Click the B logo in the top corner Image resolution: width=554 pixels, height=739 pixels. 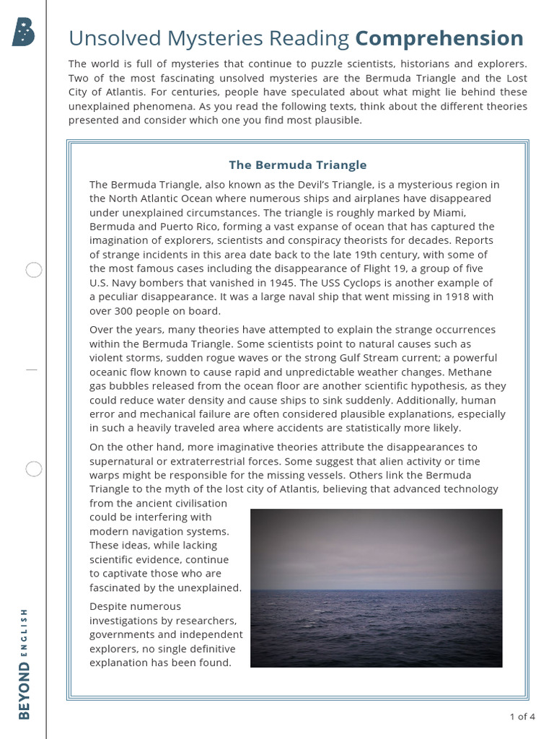(23, 32)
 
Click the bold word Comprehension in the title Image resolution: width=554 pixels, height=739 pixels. (439, 38)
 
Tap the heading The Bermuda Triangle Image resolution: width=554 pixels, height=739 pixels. (297, 165)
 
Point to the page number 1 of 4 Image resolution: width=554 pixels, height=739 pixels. (522, 717)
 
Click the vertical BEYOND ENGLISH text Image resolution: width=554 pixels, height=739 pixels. (25, 664)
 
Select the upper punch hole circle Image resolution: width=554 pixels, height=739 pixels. (34, 271)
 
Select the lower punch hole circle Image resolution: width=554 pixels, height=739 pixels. (34, 469)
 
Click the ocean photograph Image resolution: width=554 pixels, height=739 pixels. (376, 587)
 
